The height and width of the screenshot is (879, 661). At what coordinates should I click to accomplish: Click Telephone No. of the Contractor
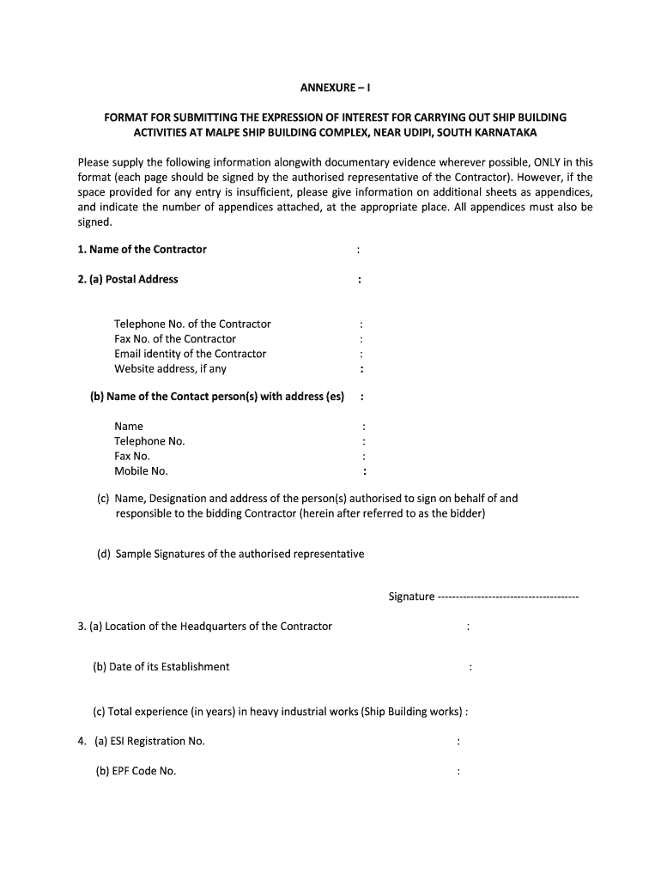pyautogui.click(x=192, y=324)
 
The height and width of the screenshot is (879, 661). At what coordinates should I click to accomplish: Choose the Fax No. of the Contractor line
pyautogui.click(x=175, y=339)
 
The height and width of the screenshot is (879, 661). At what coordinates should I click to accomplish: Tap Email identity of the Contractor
pyautogui.click(x=190, y=354)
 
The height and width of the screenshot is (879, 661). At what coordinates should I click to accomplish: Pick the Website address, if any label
pyautogui.click(x=170, y=369)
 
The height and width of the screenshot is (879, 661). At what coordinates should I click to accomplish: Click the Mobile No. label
pyautogui.click(x=141, y=471)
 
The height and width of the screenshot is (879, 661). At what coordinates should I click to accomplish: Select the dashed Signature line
pyautogui.click(x=508, y=597)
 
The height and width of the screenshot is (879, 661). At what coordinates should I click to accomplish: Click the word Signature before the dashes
pyautogui.click(x=411, y=597)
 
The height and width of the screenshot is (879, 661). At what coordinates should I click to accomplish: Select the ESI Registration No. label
pyautogui.click(x=149, y=742)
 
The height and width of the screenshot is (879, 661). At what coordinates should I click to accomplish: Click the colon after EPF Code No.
pyautogui.click(x=459, y=771)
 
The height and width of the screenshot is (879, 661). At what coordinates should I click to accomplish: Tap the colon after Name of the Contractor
pyautogui.click(x=358, y=250)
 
